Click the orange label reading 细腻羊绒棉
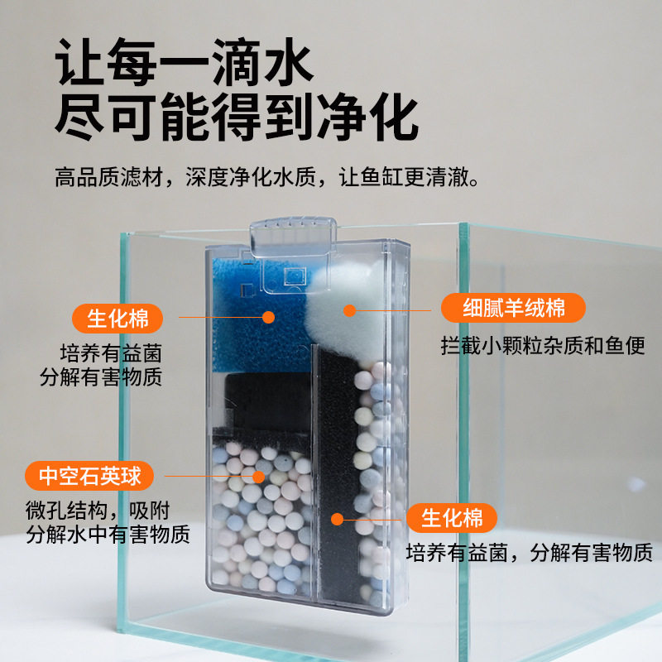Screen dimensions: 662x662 tap(513, 309)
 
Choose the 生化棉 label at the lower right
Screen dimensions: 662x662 tap(452, 519)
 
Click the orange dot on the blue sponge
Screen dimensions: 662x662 tap(268, 316)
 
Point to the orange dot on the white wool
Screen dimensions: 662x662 tap(349, 311)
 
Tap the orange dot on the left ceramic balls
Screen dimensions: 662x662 tap(258, 477)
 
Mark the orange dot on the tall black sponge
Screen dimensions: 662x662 tap(337, 519)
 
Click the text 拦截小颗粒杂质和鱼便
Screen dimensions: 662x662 tap(543, 346)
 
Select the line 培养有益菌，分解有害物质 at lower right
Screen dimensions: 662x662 tap(530, 553)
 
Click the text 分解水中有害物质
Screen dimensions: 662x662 tap(108, 534)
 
